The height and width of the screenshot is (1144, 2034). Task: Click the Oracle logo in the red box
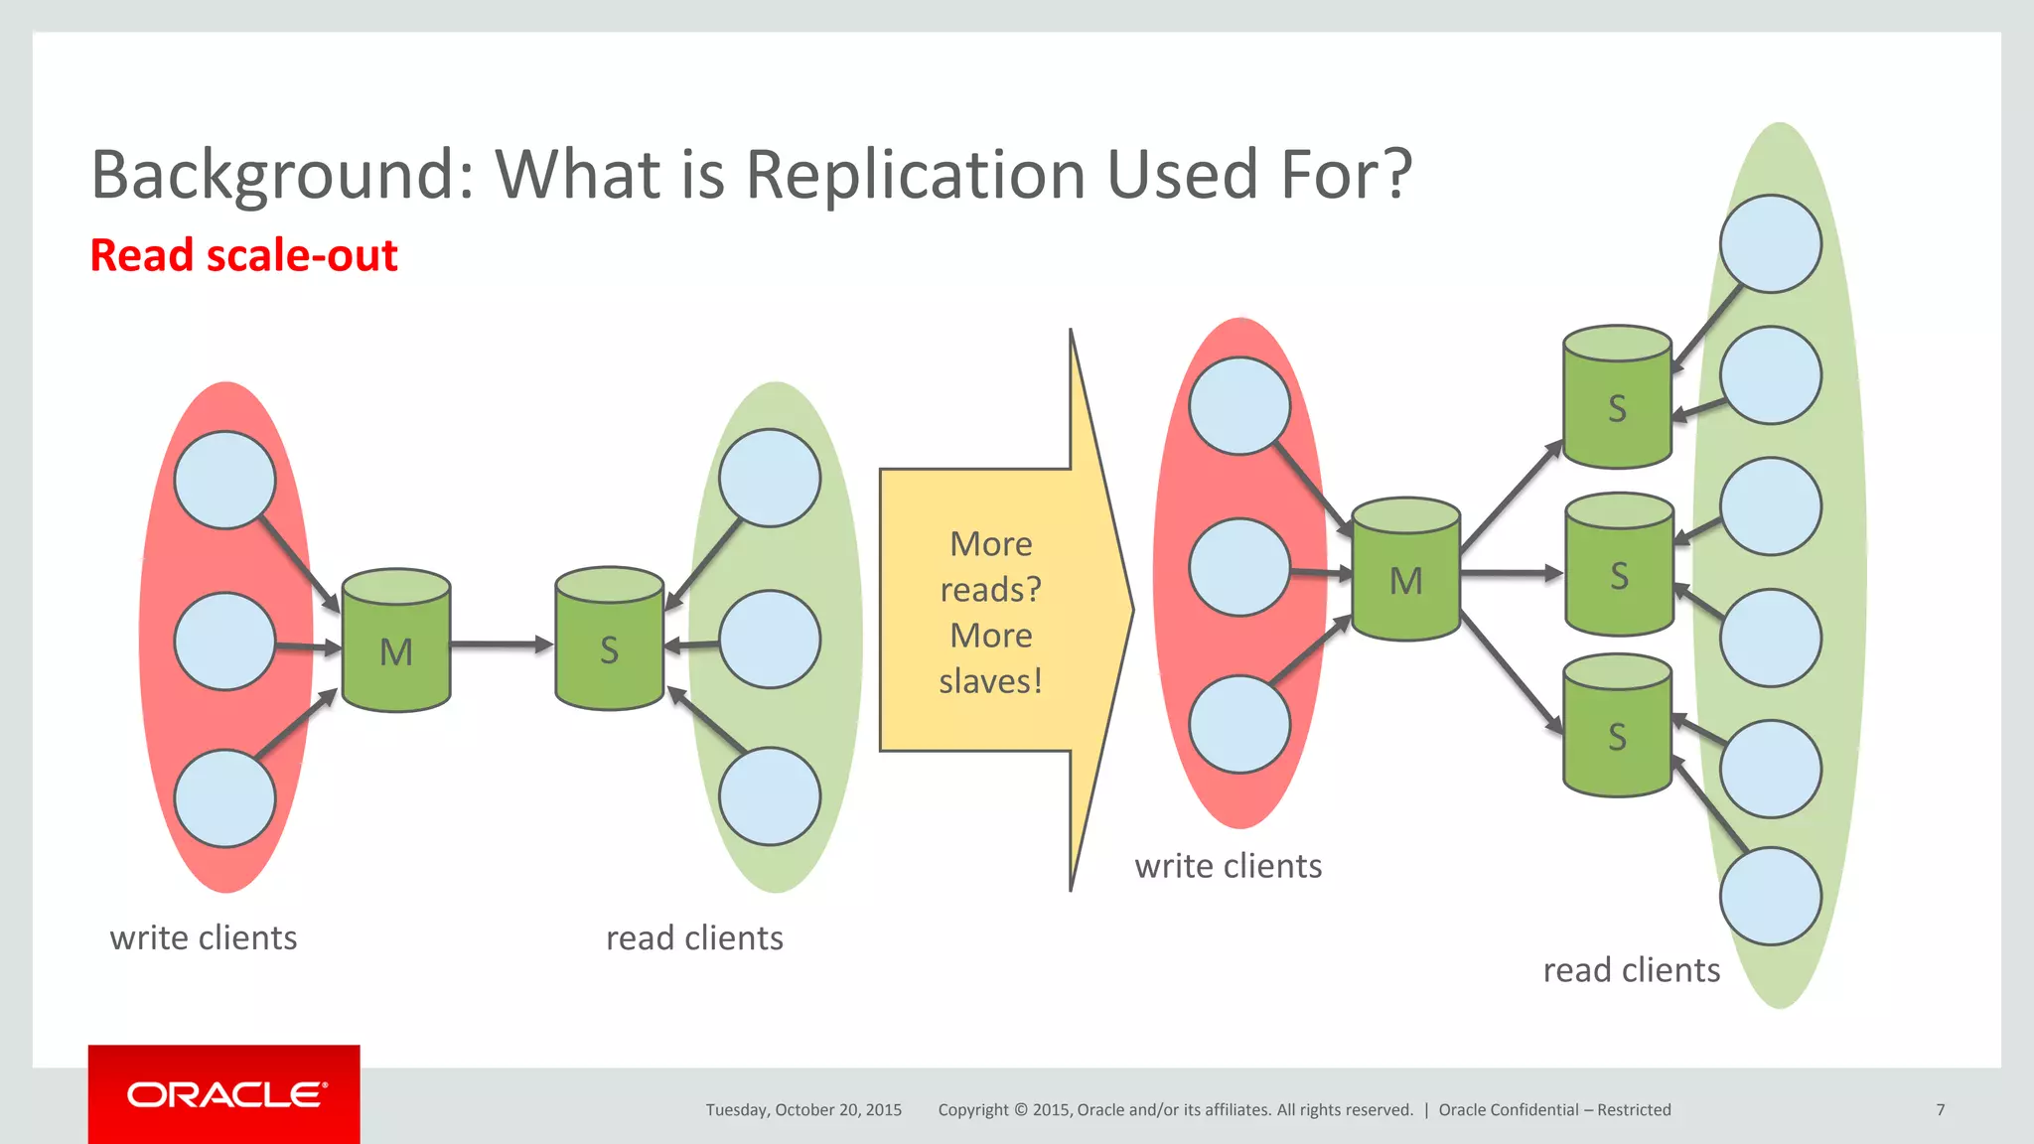tap(225, 1094)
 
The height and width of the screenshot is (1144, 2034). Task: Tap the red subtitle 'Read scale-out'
tap(243, 255)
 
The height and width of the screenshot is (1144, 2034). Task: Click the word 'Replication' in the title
tap(915, 175)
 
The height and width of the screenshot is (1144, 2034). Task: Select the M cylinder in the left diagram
tap(396, 642)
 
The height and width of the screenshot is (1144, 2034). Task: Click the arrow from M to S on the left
tap(502, 644)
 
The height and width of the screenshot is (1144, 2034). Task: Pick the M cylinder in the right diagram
tap(1405, 570)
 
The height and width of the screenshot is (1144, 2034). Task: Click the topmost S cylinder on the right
tap(1617, 397)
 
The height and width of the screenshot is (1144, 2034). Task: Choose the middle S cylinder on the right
tap(1619, 565)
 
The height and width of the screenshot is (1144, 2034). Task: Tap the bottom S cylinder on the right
tap(1617, 726)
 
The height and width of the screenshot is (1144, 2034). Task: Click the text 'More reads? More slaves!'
tap(990, 612)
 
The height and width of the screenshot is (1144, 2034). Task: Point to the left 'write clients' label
tap(204, 937)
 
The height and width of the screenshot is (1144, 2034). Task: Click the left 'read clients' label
tap(694, 937)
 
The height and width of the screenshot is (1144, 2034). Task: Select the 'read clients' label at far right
tap(1631, 970)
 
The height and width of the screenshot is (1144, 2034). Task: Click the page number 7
tap(1940, 1109)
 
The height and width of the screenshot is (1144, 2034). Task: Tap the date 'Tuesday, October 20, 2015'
tap(803, 1109)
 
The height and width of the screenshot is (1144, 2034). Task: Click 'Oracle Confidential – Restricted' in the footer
tap(1554, 1109)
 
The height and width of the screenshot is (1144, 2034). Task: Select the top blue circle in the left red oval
tap(224, 480)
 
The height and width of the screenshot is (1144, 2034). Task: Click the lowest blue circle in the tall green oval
tap(1770, 896)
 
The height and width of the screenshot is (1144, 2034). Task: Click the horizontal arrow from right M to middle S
tap(1511, 573)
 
